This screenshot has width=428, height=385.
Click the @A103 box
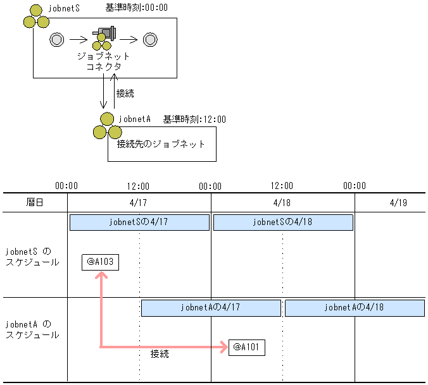(x=100, y=261)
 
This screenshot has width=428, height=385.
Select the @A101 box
(x=246, y=347)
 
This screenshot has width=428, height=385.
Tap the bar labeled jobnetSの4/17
(x=139, y=223)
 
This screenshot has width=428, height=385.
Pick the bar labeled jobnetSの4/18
(x=282, y=223)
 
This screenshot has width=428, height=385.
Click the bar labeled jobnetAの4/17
(x=210, y=308)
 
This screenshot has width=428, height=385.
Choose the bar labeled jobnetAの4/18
(x=354, y=308)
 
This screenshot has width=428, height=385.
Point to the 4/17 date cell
(x=139, y=203)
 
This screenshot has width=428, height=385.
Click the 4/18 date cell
(x=282, y=203)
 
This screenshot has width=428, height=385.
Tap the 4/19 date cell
(x=399, y=203)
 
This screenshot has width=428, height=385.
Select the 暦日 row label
(x=35, y=203)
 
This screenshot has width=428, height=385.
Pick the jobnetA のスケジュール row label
(x=32, y=329)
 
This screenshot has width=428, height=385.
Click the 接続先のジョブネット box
(x=161, y=144)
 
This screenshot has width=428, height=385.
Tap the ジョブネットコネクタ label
(x=103, y=61)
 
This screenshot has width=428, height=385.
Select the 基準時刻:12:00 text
(x=194, y=119)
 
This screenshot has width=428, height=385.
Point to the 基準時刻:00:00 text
(x=135, y=8)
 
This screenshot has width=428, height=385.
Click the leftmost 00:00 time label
(x=66, y=186)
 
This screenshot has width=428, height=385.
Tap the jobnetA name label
(x=134, y=119)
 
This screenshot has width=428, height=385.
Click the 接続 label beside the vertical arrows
(x=125, y=94)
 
